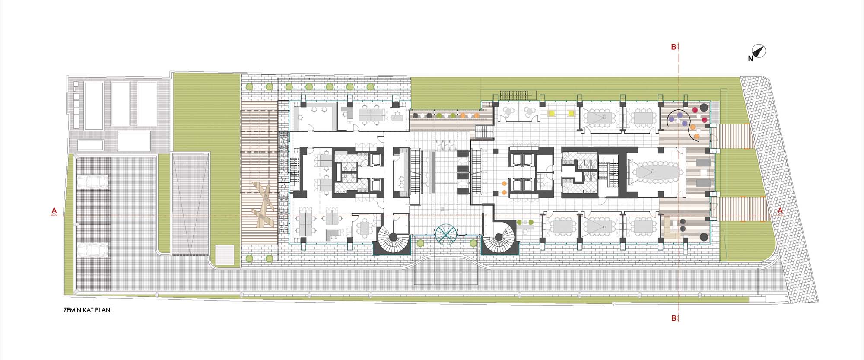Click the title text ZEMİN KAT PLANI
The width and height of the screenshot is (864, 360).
[88, 310]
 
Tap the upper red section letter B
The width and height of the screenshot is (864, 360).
[673, 47]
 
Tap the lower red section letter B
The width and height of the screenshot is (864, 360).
[673, 319]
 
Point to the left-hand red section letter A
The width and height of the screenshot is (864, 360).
[54, 211]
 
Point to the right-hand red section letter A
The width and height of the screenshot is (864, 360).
[780, 211]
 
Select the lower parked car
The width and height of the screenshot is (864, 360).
[93, 249]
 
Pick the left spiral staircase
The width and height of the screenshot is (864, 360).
[393, 237]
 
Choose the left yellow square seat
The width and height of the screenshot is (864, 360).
[552, 114]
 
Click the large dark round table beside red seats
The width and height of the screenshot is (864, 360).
[704, 107]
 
